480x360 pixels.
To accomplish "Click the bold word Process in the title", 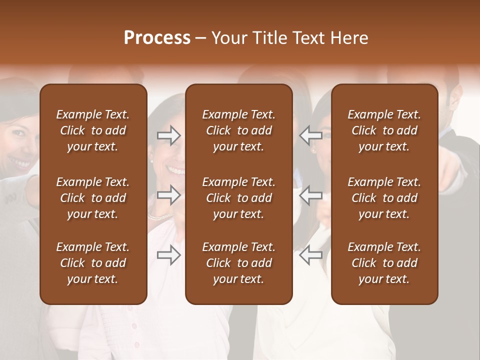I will (x=157, y=38).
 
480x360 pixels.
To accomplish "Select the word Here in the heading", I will (x=349, y=38).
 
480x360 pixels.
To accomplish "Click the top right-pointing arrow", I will (x=169, y=135).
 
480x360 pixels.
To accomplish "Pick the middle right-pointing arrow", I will (x=169, y=195).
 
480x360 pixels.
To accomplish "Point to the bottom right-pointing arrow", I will (x=169, y=255).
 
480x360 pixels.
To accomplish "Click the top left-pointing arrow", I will (x=310, y=134).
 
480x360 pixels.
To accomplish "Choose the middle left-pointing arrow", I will (x=310, y=195).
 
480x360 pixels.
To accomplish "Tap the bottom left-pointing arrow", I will (x=310, y=255).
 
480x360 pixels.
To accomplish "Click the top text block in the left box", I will (x=93, y=130).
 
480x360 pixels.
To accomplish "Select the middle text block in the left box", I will (x=93, y=198).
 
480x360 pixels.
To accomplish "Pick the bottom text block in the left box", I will (x=93, y=263).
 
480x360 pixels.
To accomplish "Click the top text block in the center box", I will (x=238, y=130).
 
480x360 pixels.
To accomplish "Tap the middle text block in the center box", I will (x=238, y=198).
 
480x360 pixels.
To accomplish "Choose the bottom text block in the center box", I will (x=238, y=263).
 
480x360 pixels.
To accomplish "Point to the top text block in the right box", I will (x=384, y=130).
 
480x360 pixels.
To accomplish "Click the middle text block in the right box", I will (x=384, y=198).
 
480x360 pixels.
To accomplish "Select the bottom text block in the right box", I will (x=384, y=263).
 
